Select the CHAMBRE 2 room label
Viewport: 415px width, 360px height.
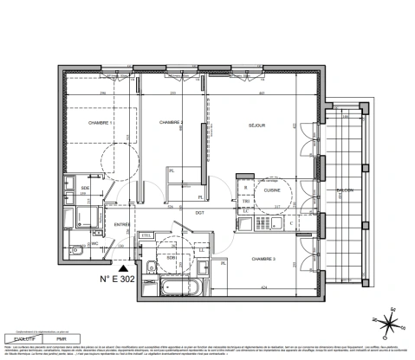[x=172, y=124]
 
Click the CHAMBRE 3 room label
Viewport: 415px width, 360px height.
[x=263, y=258]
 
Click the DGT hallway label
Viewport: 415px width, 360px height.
[x=198, y=213]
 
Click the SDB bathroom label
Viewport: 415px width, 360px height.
[x=172, y=257]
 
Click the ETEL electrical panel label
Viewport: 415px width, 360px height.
[x=146, y=234]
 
